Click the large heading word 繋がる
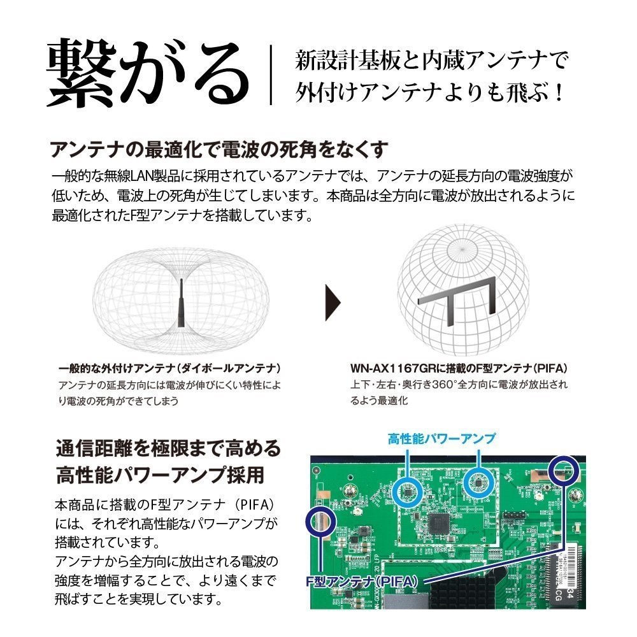(148, 73)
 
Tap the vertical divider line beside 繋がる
(271, 75)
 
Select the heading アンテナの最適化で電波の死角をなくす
(219, 150)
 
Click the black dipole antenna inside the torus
(181, 303)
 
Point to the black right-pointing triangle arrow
(333, 303)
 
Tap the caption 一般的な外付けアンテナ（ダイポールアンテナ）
(170, 368)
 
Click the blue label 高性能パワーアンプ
(442, 438)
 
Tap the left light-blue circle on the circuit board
(408, 490)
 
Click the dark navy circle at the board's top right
(564, 471)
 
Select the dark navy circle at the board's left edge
(321, 522)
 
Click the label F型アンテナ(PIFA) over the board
(362, 582)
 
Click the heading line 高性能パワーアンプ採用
(161, 475)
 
